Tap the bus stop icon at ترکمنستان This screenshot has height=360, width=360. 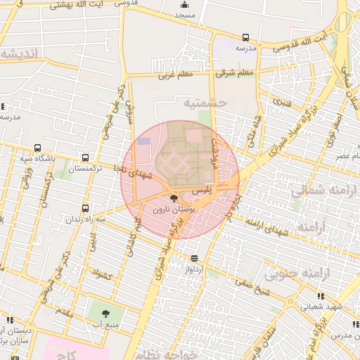(x=86, y=158)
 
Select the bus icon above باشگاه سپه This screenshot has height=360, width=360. (x=37, y=148)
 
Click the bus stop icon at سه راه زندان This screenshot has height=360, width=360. (x=86, y=208)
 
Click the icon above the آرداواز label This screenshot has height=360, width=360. (x=194, y=259)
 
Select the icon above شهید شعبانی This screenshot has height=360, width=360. (x=321, y=296)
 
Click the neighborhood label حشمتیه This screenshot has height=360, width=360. (x=206, y=103)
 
